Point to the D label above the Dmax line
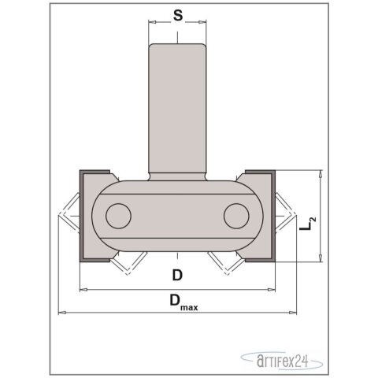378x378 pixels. click(178, 276)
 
